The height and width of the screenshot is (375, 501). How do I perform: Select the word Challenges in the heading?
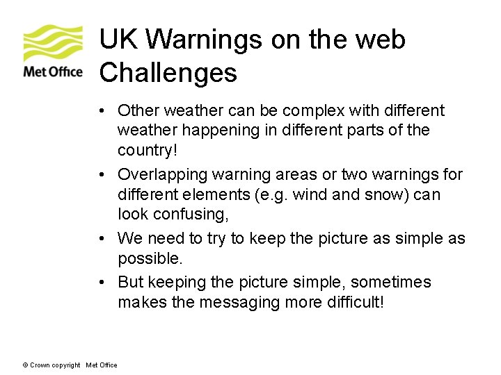coord(168,72)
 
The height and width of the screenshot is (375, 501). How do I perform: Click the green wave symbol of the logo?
coord(53,43)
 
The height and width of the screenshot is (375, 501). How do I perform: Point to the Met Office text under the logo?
coord(53,72)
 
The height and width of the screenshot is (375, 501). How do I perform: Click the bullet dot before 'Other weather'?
coord(102,111)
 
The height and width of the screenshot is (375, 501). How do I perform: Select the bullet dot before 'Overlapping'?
coord(102,175)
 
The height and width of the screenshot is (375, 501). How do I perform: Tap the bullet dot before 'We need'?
coord(102,239)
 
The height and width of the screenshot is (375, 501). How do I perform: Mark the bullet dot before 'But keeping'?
coord(102,283)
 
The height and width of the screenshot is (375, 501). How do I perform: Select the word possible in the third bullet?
coord(148,258)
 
